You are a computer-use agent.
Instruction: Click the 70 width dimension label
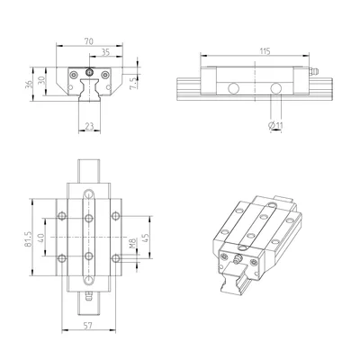point(89,41)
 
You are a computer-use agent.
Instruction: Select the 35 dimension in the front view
point(105,52)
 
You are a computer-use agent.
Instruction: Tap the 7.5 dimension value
point(133,83)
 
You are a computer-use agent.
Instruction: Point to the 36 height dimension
point(28,85)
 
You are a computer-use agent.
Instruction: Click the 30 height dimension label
point(41,80)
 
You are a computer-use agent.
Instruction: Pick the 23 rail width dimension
point(89,126)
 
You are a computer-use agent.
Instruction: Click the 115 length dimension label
point(265,51)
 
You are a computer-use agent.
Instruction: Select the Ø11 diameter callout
point(275,125)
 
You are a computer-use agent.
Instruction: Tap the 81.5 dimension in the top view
point(28,238)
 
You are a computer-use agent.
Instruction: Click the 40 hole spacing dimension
point(41,238)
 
